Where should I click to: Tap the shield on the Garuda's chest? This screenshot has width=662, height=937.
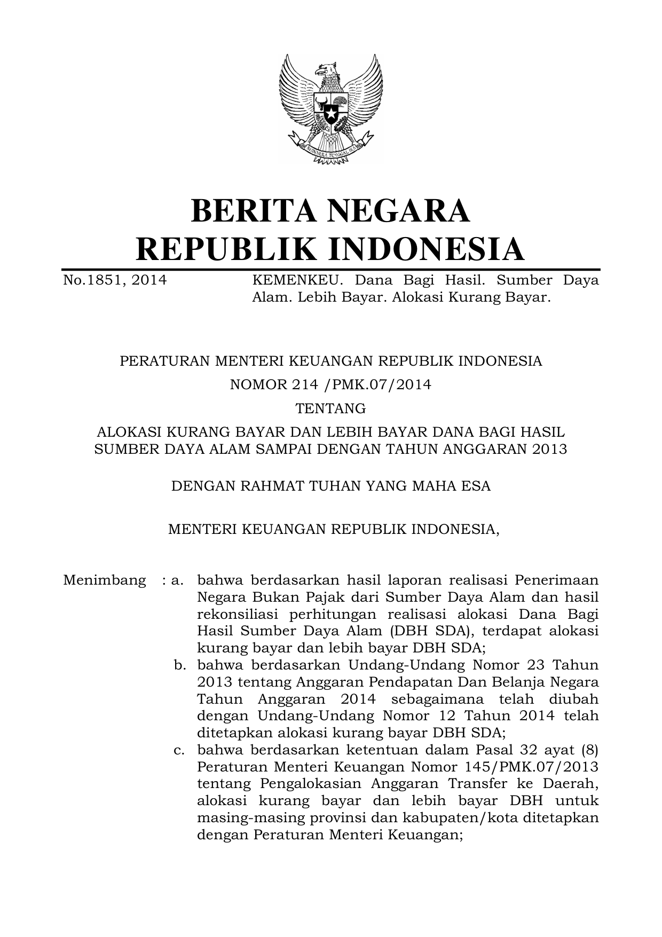(331, 109)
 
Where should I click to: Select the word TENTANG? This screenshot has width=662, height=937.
(331, 408)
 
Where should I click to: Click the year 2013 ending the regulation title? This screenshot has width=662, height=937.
(549, 449)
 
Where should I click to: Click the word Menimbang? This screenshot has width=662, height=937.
(105, 580)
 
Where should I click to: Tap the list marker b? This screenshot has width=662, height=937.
(179, 665)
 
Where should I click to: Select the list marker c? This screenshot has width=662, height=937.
(179, 750)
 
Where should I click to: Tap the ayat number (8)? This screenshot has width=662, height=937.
(589, 750)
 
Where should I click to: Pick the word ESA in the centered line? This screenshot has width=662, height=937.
(476, 486)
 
